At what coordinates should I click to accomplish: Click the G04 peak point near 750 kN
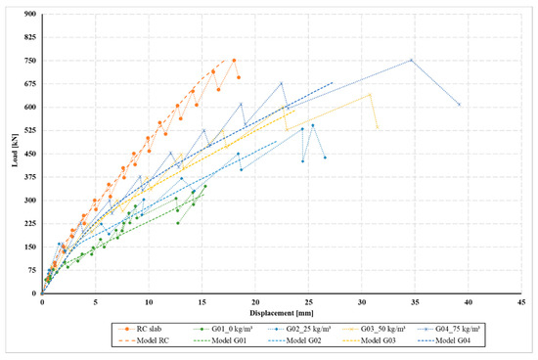point(411,60)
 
